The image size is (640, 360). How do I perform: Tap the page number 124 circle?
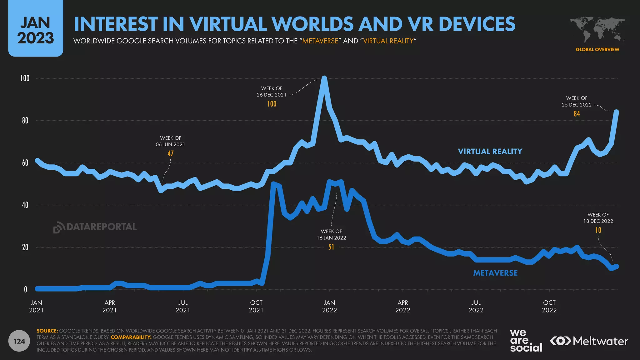[x=19, y=341]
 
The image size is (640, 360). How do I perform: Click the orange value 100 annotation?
[x=272, y=104]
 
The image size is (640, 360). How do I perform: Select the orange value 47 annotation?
[x=170, y=153]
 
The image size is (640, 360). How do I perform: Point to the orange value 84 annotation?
[x=577, y=114]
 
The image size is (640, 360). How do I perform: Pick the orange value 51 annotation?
[x=331, y=247]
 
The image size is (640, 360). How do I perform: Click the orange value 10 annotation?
[x=598, y=230]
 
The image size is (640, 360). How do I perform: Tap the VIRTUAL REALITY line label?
[x=490, y=152]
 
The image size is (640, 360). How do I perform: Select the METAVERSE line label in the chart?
[x=495, y=273]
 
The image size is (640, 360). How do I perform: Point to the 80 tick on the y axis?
[x=25, y=121]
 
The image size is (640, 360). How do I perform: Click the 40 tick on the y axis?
[x=25, y=205]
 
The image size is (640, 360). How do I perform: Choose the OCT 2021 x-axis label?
[x=256, y=306]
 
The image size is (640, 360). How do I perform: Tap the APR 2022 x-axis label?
[x=402, y=306]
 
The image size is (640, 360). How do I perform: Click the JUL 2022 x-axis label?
[x=476, y=306]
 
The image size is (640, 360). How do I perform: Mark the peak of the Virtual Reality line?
[x=324, y=78]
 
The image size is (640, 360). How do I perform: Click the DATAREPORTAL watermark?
[x=95, y=227]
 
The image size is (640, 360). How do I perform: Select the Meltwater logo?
[x=589, y=341]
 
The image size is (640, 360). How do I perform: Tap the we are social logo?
[x=526, y=341]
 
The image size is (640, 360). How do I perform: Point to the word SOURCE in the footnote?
[x=47, y=331]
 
